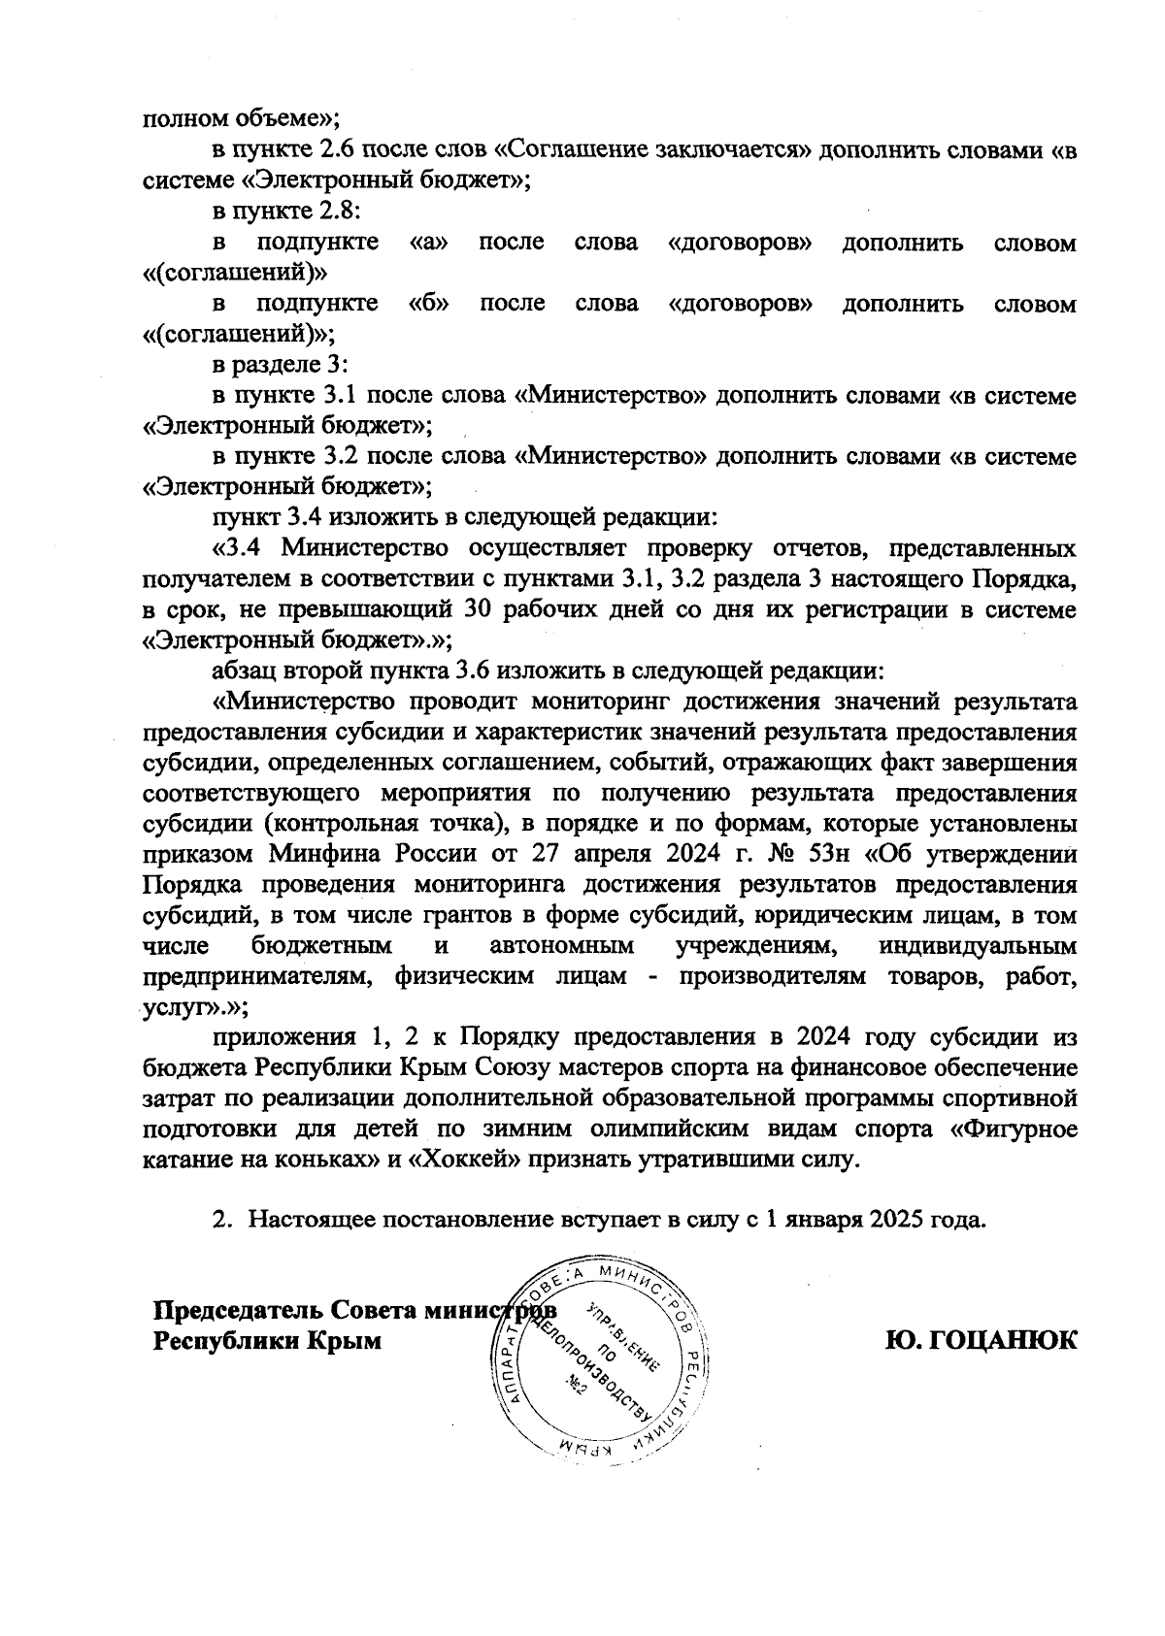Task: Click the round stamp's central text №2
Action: tap(574, 1390)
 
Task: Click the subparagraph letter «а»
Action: tap(429, 242)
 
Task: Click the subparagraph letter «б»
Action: tap(429, 303)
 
